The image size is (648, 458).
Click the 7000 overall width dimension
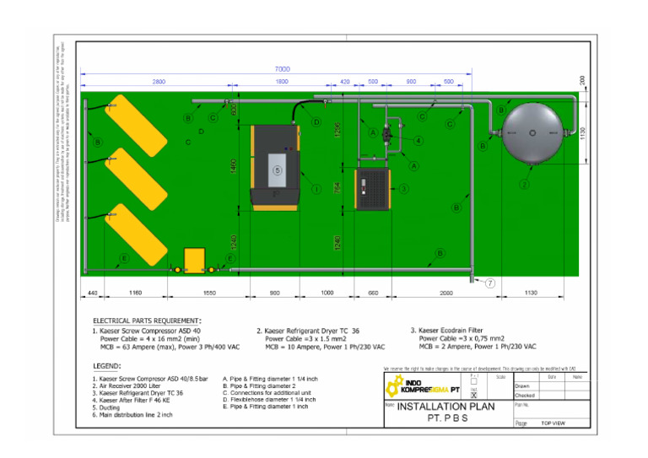point(282,68)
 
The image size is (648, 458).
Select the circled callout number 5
point(278,170)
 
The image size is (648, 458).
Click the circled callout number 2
point(524,185)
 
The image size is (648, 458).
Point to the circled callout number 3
point(404,189)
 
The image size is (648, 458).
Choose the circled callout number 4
point(418,141)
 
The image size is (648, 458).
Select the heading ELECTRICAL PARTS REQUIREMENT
point(148,321)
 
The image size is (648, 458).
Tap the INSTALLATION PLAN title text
point(445,406)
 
